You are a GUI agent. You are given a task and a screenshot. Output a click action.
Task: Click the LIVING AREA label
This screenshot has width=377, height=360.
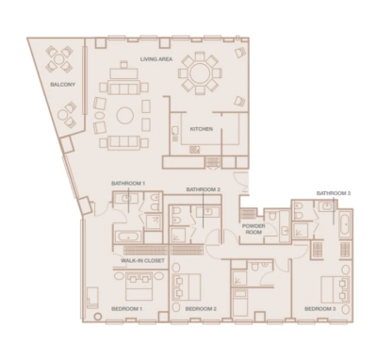[157, 59]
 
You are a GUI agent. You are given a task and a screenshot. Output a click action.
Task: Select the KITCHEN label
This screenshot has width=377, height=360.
[201, 128]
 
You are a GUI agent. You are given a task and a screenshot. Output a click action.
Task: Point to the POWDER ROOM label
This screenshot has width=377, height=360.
[253, 230]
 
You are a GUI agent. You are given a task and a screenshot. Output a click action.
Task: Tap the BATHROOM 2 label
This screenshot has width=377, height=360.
[203, 189]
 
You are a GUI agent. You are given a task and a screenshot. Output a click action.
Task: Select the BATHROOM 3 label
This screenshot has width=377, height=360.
[333, 192]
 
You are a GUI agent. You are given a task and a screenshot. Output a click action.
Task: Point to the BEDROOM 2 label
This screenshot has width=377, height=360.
[201, 308]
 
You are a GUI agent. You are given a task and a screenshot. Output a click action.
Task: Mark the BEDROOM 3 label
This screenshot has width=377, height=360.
[320, 308]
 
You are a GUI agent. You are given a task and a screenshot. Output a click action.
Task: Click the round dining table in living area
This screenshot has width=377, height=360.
[200, 74]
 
